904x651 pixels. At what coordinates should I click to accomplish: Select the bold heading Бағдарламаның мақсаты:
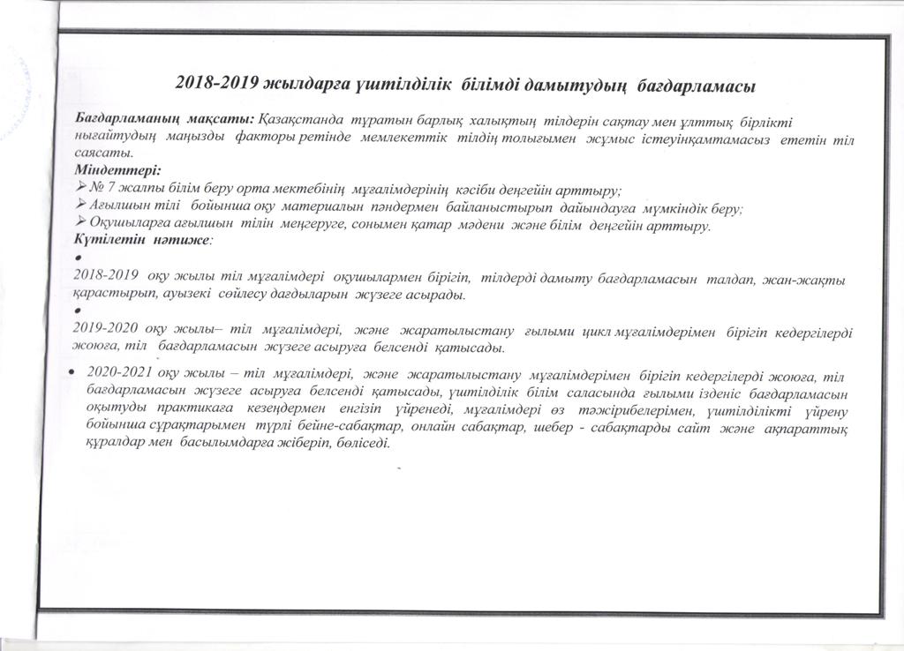tap(163, 119)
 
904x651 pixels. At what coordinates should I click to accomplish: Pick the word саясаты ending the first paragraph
tap(102, 154)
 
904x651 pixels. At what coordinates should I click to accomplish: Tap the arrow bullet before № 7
tap(84, 188)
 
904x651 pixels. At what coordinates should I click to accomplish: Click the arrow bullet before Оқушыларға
tap(84, 223)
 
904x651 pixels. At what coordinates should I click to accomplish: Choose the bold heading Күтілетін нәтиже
tap(141, 240)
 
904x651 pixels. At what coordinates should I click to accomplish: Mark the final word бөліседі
tap(361, 443)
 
